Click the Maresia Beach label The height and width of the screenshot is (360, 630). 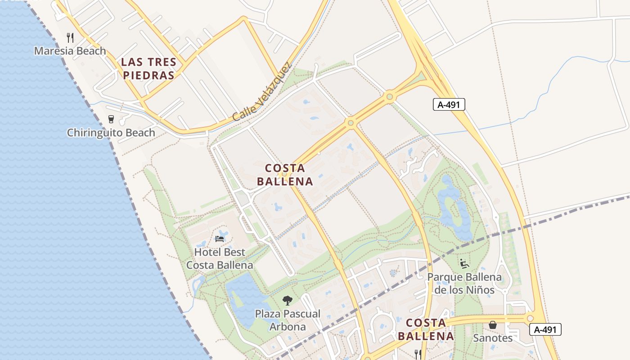[70, 51]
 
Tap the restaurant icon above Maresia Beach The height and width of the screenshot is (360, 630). [70, 37]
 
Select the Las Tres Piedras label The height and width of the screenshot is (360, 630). [148, 68]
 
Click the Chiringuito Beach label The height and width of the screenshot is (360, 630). [111, 133]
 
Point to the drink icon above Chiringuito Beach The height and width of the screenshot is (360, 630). [111, 119]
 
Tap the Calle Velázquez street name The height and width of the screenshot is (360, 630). [262, 92]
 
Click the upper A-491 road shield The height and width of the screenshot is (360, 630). [449, 105]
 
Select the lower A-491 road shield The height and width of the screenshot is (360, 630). [545, 329]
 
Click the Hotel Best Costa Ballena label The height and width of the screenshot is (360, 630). [220, 259]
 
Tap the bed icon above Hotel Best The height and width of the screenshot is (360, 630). [220, 238]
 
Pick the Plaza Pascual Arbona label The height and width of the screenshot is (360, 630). [288, 320]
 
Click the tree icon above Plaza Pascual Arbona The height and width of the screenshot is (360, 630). [287, 300]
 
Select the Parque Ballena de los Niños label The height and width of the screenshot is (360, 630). [464, 283]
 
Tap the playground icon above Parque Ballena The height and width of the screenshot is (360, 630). [464, 264]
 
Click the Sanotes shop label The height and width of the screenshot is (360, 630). [493, 338]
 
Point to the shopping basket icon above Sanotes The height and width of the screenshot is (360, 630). [493, 324]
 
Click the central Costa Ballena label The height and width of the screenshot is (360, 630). [284, 175]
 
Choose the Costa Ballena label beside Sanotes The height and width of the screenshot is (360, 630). [426, 329]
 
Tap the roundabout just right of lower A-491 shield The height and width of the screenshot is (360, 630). [530, 318]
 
